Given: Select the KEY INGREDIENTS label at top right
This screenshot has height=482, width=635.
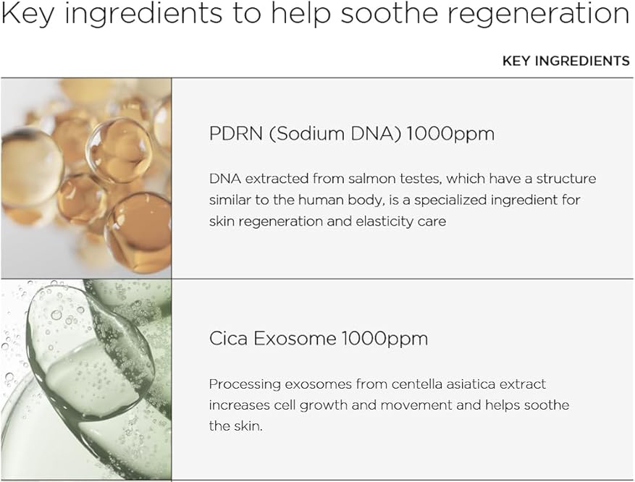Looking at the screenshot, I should [565, 61].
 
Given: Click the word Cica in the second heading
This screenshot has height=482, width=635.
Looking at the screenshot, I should [227, 338].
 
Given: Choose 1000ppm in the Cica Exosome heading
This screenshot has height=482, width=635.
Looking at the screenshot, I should [384, 338].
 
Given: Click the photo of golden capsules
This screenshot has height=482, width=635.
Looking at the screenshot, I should [85, 177].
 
